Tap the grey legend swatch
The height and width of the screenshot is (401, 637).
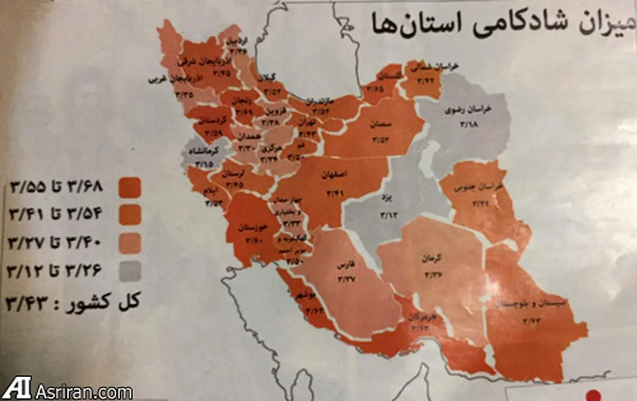click(x=130, y=272)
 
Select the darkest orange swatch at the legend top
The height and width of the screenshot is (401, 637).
click(x=130, y=187)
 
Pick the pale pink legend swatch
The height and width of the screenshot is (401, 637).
click(x=130, y=243)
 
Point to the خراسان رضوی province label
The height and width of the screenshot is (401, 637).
click(x=469, y=111)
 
